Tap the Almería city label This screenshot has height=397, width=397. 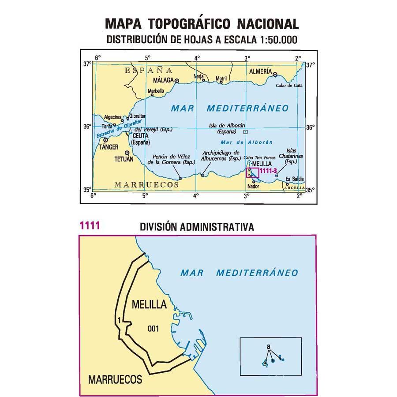click(260, 71)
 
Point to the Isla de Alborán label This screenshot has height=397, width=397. click(227, 128)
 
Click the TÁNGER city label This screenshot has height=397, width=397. click(108, 147)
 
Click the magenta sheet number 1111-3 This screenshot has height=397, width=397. click(268, 171)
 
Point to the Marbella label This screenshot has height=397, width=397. click(156, 91)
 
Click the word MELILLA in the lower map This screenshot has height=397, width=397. click(149, 304)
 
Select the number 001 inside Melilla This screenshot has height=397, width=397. click(153, 328)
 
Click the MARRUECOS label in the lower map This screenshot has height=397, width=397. click(115, 379)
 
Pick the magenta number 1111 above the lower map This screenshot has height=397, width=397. click(90, 226)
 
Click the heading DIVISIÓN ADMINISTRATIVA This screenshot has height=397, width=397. click(197, 227)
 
